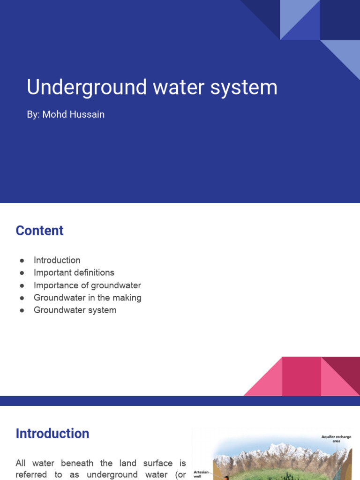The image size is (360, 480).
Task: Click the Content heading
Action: [39, 231]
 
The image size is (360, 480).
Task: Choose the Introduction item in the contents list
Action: [57, 260]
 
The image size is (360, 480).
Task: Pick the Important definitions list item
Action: [74, 272]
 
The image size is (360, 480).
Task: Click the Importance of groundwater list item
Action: [87, 285]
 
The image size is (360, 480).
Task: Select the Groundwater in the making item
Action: [87, 298]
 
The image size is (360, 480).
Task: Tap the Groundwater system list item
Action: [75, 310]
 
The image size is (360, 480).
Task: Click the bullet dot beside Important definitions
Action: [22, 273]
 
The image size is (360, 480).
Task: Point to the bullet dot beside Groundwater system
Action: [22, 310]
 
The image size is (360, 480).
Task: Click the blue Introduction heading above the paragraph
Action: [52, 434]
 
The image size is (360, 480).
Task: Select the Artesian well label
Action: [201, 474]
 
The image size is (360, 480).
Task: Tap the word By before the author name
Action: [33, 114]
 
